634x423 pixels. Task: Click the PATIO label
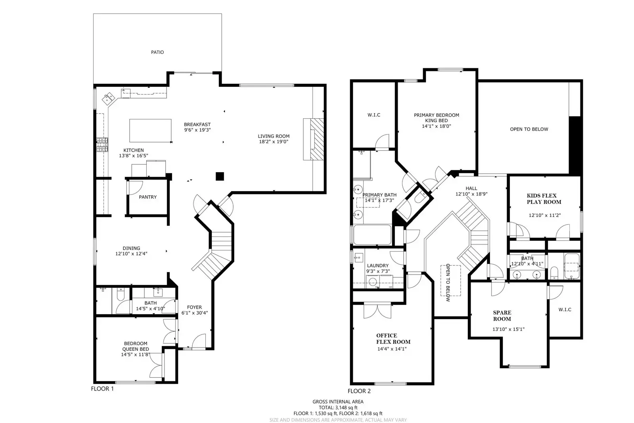pos(157,52)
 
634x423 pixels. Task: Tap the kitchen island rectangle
pos(150,131)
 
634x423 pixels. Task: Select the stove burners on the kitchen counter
pos(102,144)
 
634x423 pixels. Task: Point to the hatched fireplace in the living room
pos(317,139)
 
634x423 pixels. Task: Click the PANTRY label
pos(148,197)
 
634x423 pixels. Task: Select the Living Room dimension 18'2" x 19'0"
pos(274,142)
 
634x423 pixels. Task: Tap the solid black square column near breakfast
pos(220,176)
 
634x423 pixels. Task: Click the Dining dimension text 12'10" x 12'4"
pos(131,254)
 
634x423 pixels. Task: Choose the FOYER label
pos(194,307)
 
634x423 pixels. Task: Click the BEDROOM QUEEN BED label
pos(136,346)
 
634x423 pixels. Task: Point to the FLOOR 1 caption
pos(102,389)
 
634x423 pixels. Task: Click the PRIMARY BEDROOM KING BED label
pos(437,117)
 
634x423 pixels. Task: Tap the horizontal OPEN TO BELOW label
pos(529,129)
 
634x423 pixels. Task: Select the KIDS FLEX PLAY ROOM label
pos(544,199)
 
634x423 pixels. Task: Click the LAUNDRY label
pos(378,265)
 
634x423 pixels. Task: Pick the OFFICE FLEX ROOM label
pos(393,338)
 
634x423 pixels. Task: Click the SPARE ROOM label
pos(502,315)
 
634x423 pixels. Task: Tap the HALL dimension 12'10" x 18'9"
pos(471,194)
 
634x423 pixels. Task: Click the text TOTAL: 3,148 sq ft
pos(338,408)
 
